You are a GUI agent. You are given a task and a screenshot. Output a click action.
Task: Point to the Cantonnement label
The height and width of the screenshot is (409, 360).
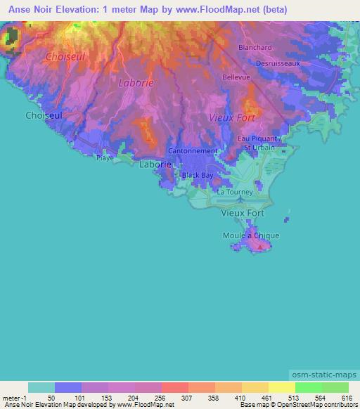pyautogui.click(x=193, y=151)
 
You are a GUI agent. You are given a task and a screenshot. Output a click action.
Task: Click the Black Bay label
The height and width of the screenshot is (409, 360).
pyautogui.click(x=197, y=175)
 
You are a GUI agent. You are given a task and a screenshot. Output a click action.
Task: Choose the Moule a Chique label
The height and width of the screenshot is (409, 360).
pyautogui.click(x=251, y=235)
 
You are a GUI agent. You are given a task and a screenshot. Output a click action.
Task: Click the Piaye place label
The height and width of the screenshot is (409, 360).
pyautogui.click(x=105, y=158)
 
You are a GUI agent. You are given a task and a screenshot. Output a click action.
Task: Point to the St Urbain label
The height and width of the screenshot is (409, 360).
pyautogui.click(x=259, y=148)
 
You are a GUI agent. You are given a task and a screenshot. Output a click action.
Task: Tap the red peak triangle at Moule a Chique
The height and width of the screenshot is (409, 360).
pyautogui.click(x=262, y=247)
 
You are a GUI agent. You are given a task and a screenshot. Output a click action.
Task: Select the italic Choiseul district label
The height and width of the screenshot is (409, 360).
pyautogui.click(x=65, y=56)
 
